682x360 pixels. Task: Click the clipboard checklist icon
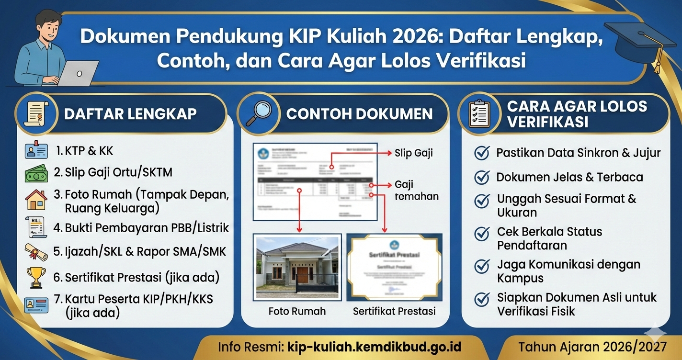point(479,114)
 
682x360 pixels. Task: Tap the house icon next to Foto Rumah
point(36,200)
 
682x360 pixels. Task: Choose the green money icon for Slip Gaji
point(36,173)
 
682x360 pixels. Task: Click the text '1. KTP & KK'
point(84,151)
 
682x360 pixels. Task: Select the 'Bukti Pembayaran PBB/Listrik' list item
point(141,227)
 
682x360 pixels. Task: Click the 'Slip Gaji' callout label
point(414,153)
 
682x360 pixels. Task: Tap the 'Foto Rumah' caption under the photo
point(297,311)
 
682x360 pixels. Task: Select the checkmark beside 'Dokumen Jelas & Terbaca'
point(481,177)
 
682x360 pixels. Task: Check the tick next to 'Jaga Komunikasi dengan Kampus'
point(481,266)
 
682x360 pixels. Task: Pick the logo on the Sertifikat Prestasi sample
point(394,246)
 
